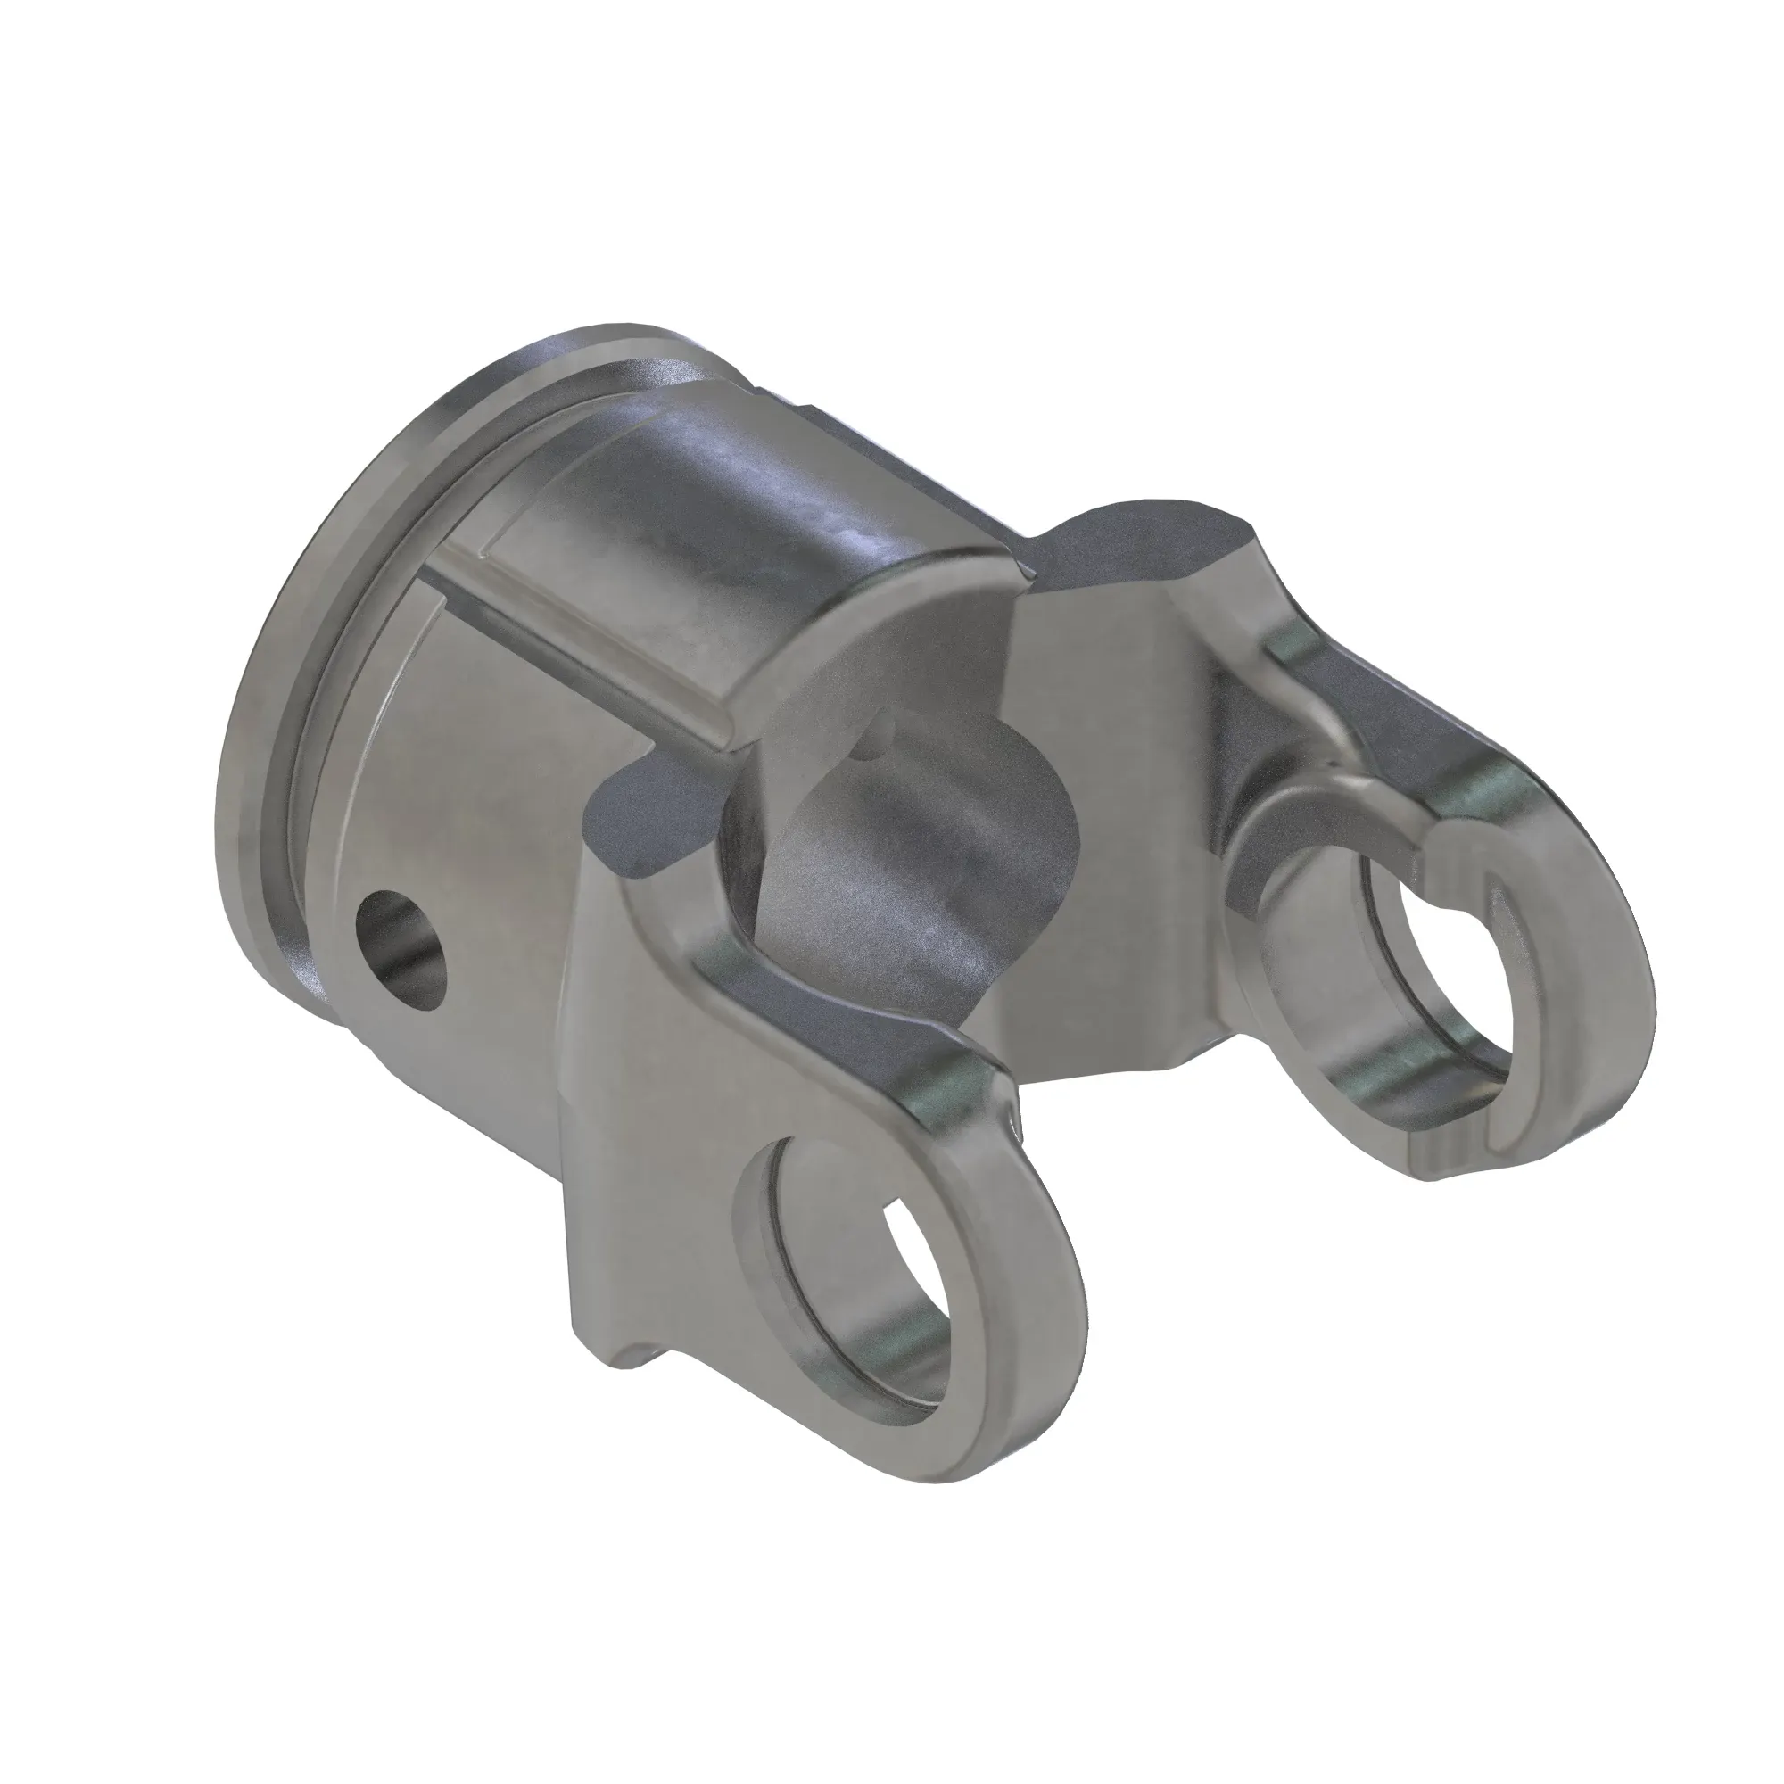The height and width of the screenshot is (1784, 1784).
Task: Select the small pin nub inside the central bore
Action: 884,731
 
